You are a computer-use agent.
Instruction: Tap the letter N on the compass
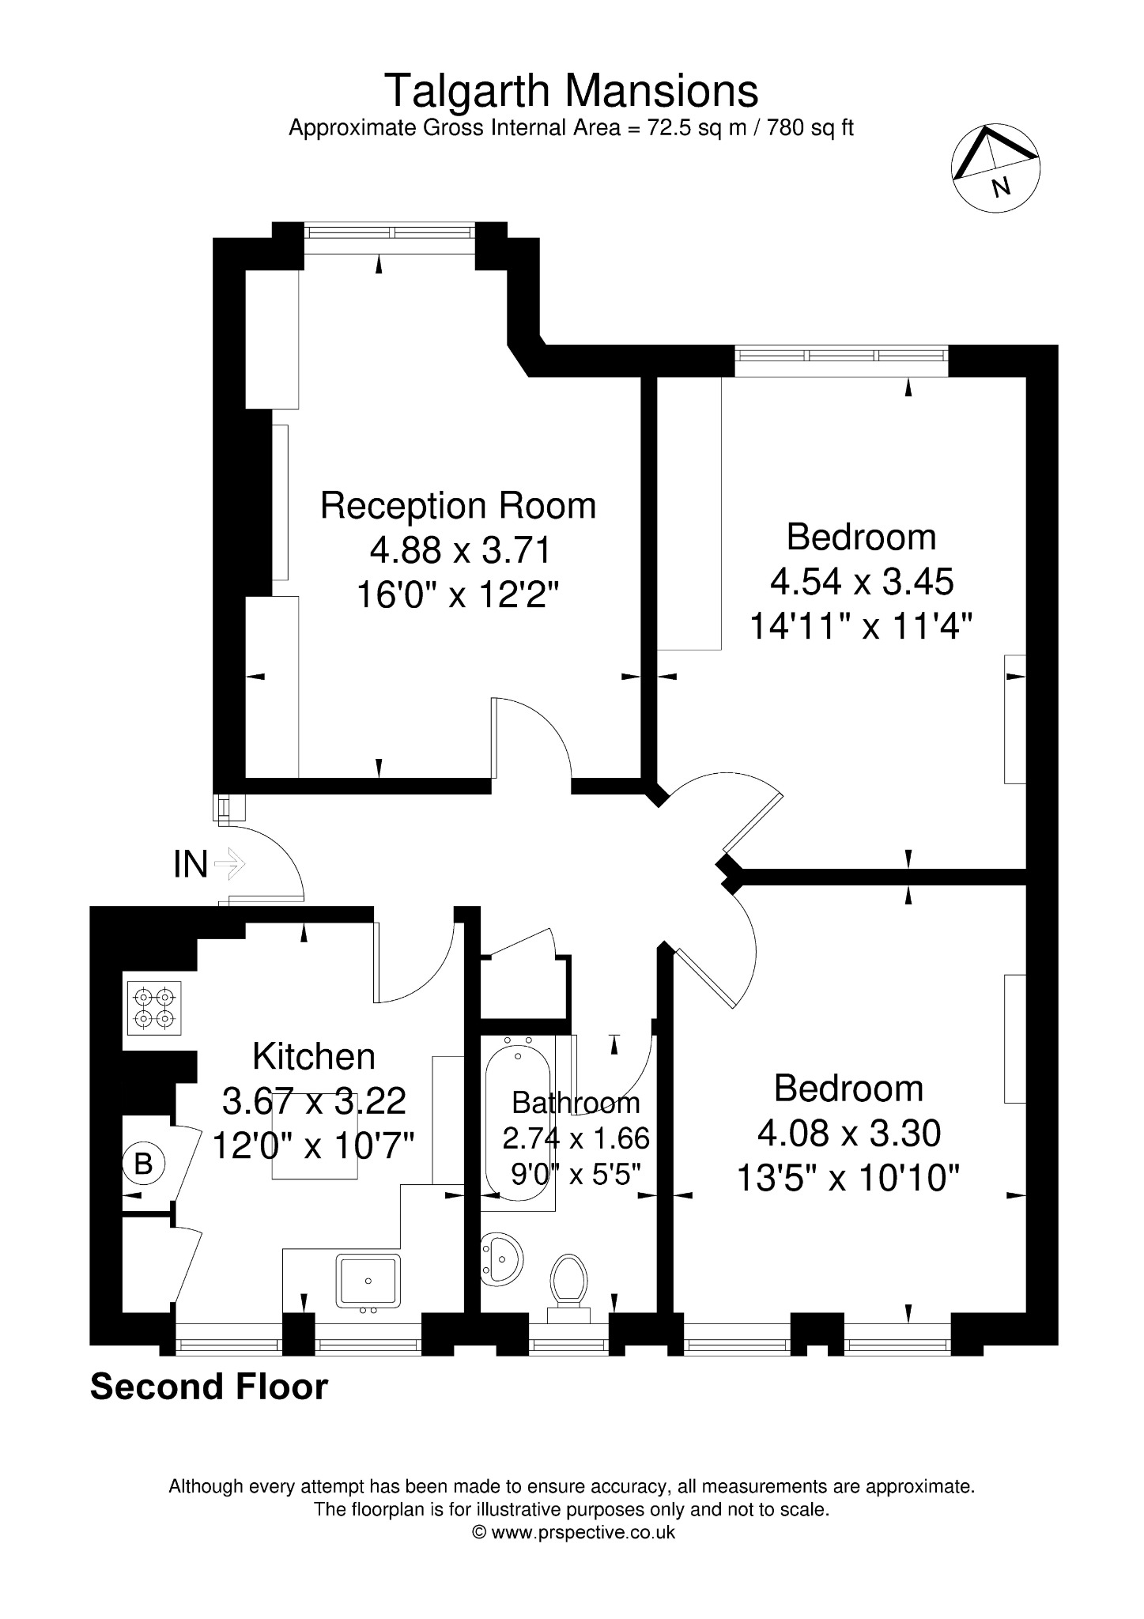pos(1001,187)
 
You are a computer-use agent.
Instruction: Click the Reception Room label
pos(458,505)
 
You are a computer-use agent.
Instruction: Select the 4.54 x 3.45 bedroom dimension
pos(862,582)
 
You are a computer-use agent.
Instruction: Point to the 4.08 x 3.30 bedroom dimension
pos(849,1134)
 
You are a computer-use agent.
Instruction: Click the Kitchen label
pos(314,1056)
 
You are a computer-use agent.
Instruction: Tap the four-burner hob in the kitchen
pos(153,1007)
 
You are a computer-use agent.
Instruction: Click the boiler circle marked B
pos(143,1164)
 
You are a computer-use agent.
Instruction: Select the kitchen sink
pos(368,1281)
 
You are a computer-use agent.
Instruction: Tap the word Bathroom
pos(576,1102)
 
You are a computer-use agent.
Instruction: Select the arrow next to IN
pos(230,864)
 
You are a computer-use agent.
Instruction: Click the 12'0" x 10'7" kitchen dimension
pos(314,1144)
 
